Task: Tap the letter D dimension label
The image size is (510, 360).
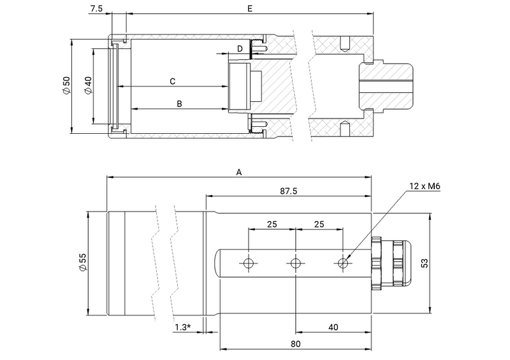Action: click(240, 48)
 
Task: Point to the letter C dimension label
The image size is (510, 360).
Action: click(172, 81)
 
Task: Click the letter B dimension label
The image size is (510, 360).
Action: click(179, 103)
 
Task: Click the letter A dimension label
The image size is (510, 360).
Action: click(239, 172)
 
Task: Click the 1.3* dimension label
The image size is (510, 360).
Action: click(184, 327)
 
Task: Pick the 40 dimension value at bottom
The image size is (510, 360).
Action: click(333, 327)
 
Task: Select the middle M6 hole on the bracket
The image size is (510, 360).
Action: click(296, 263)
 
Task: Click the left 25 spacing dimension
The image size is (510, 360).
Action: click(272, 224)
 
